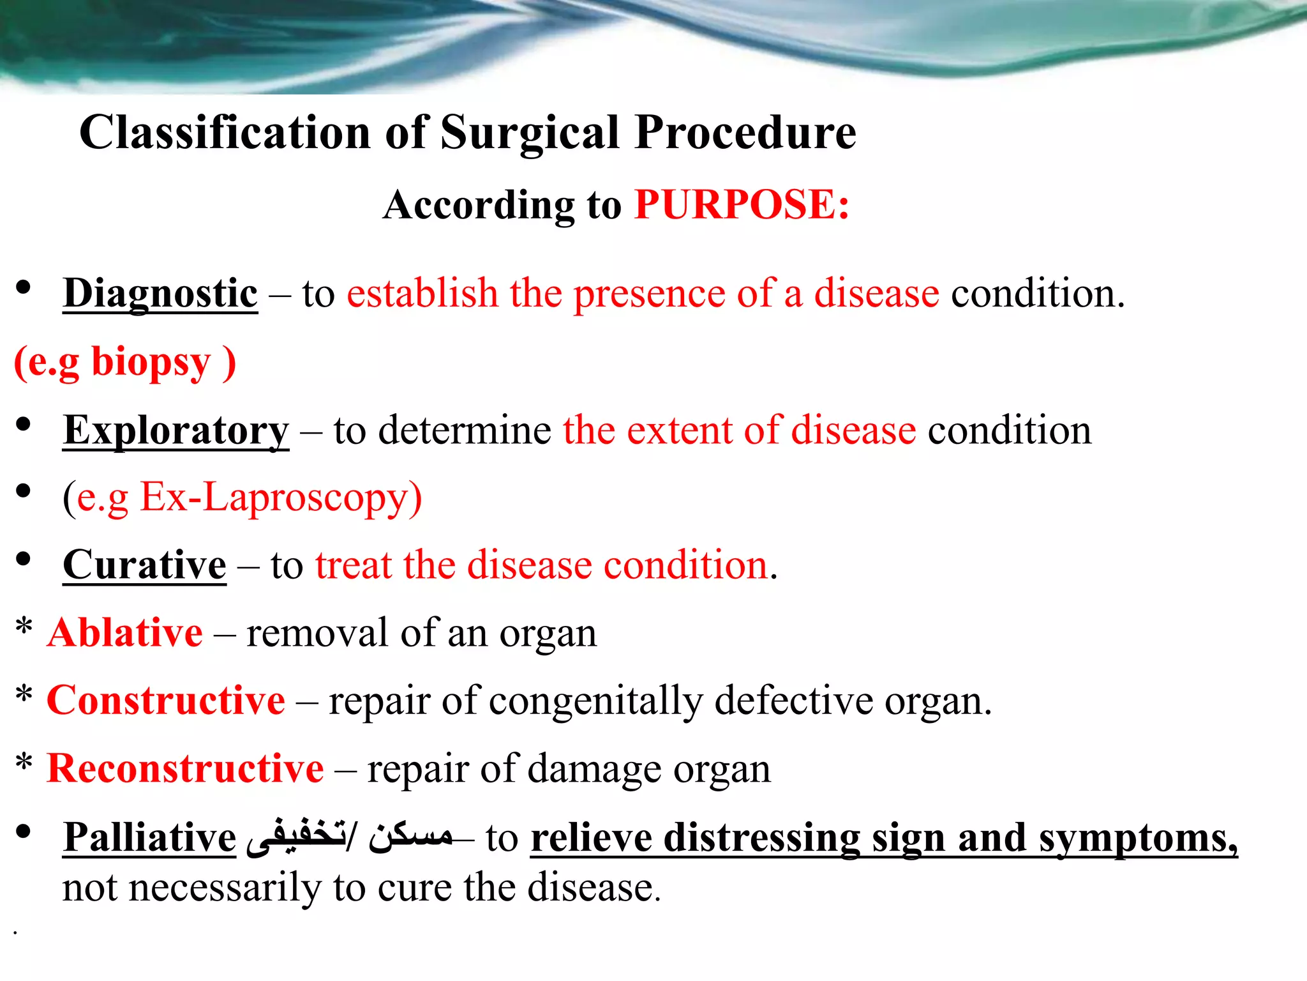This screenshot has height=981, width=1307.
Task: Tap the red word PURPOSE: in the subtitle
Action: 742,205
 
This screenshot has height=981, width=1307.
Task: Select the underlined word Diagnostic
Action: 160,294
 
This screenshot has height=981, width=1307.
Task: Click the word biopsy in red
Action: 151,362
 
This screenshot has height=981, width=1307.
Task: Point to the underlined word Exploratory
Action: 176,430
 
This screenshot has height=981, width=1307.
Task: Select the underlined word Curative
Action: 144,566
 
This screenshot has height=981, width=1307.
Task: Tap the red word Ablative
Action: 125,634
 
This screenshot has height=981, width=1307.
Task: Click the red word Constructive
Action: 166,701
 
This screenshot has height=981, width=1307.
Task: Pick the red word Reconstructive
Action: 185,768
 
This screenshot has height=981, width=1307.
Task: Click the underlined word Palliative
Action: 149,837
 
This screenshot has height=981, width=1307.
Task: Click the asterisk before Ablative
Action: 24,627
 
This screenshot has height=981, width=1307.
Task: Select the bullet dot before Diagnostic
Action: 24,288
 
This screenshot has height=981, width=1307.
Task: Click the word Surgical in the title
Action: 530,133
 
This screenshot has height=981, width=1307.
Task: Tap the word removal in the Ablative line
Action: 317,634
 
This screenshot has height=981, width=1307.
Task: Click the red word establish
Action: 422,294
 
